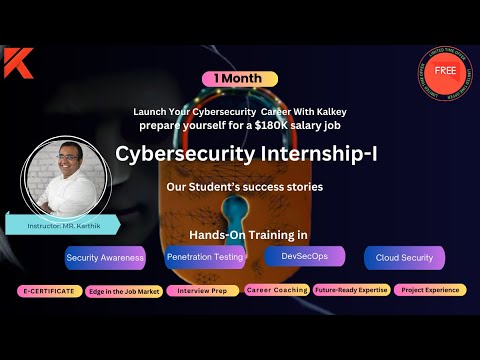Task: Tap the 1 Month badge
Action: click(x=239, y=78)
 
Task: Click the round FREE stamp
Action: click(x=445, y=73)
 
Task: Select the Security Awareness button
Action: click(x=105, y=257)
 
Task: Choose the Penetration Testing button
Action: click(x=204, y=257)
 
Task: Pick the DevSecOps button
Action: click(x=304, y=256)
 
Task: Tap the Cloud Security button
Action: click(x=404, y=257)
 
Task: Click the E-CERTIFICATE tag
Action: click(x=48, y=290)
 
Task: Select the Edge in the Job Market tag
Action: click(x=122, y=290)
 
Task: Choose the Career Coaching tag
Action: click(x=276, y=290)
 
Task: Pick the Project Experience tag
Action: click(x=429, y=290)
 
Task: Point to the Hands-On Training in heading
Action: click(x=248, y=235)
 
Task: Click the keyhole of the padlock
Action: click(x=237, y=213)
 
